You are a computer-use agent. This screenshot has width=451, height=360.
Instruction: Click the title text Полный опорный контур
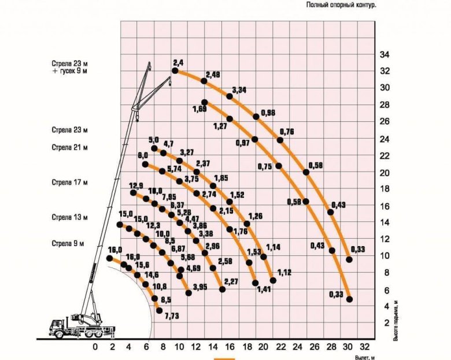342,5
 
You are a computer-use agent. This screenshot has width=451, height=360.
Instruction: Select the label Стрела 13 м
69,217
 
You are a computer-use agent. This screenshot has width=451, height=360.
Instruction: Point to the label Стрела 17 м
69,183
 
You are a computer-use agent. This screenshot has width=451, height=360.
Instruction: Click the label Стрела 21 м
69,147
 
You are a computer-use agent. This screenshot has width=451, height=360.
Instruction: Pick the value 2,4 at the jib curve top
178,62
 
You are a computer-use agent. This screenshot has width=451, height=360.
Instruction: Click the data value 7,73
172,316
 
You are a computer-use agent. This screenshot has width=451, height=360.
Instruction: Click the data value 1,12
284,272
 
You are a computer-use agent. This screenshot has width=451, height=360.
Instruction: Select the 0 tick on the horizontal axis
95,347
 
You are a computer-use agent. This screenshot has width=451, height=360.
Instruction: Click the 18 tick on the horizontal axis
247,347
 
